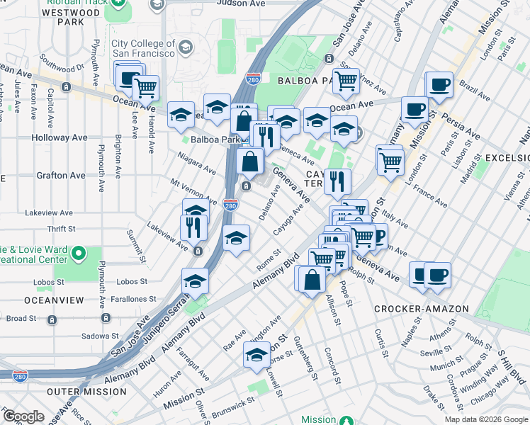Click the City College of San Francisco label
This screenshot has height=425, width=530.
point(142,48)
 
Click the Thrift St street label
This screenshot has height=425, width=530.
point(61,229)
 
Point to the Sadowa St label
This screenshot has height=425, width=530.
point(99,336)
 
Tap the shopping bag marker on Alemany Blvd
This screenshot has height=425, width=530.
point(311,278)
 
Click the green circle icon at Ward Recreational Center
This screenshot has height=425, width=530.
point(79,253)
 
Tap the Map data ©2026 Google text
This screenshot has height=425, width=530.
point(485,419)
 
